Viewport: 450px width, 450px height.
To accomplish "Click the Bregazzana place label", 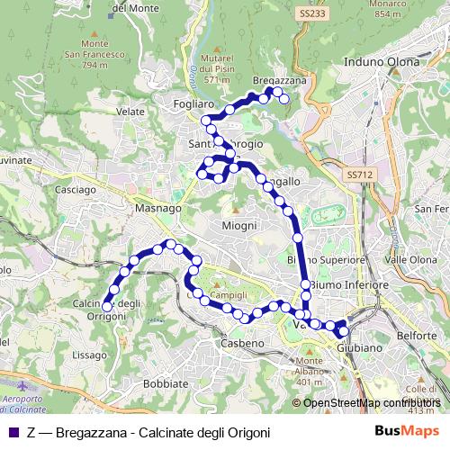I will [x=280, y=80].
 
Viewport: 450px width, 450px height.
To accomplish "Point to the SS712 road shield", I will [x=358, y=175].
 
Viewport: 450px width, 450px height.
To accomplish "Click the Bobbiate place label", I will [x=166, y=383].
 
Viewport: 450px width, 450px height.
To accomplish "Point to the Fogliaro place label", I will [x=193, y=104].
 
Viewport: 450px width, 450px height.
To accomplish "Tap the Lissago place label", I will [x=90, y=355].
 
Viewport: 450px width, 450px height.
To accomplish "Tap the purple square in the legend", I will [x=12, y=431].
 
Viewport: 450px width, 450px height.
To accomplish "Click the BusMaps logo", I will [x=413, y=430].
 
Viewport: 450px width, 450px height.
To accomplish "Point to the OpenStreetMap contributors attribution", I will [x=372, y=402].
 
